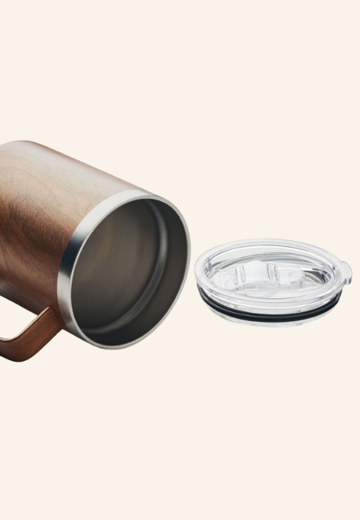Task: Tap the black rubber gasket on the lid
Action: coord(269,312)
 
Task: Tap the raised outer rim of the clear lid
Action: coord(269,245)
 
